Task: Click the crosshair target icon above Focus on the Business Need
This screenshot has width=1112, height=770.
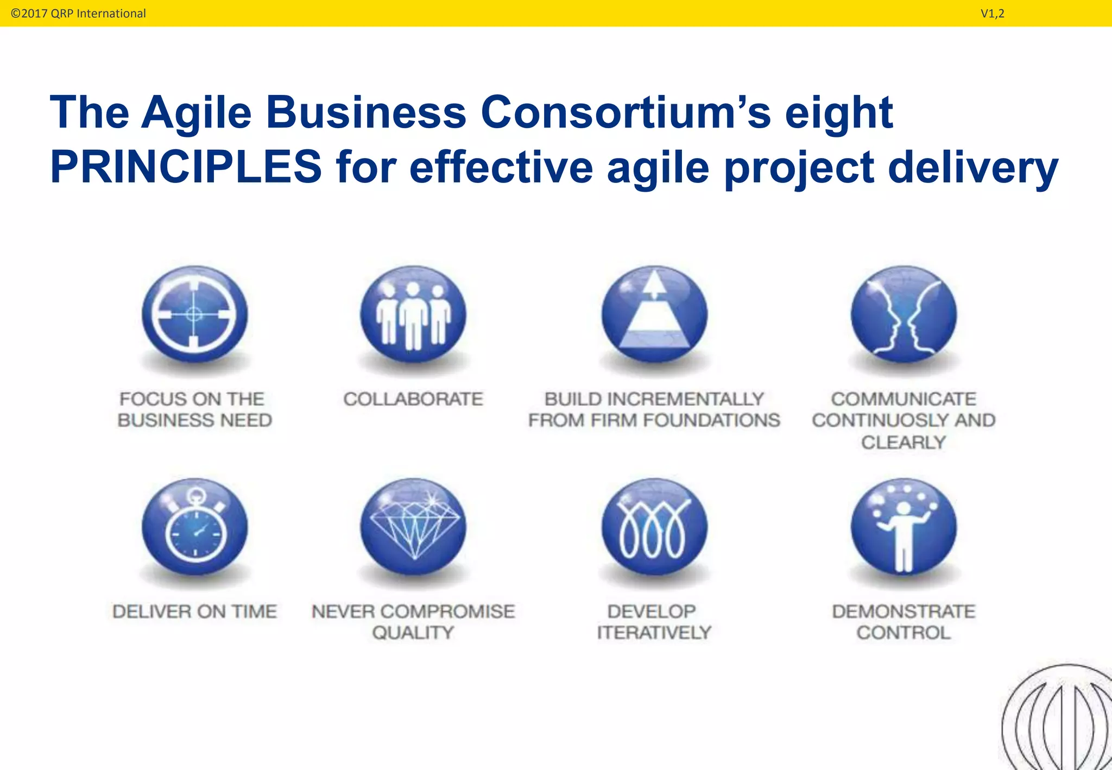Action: click(x=194, y=315)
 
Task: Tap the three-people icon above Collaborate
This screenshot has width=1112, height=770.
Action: click(x=413, y=315)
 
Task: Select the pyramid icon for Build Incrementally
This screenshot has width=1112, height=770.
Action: click(x=654, y=315)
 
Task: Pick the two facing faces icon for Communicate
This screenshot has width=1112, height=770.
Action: click(x=903, y=315)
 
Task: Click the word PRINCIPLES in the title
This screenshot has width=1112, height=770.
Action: click(x=186, y=167)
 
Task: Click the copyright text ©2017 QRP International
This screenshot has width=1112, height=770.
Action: click(x=78, y=14)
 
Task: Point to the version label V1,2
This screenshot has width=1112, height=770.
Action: click(x=992, y=14)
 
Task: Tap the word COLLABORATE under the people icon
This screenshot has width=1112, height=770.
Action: click(x=413, y=399)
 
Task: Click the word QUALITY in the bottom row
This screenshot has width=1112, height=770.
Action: click(x=413, y=633)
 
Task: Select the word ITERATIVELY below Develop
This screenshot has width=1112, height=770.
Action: click(x=654, y=633)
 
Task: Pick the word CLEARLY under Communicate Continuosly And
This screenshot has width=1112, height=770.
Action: click(x=903, y=442)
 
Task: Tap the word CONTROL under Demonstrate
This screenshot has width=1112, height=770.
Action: click(x=903, y=633)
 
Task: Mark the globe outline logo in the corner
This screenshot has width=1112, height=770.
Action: click(x=1059, y=719)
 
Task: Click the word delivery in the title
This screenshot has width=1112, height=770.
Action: click(x=973, y=167)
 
